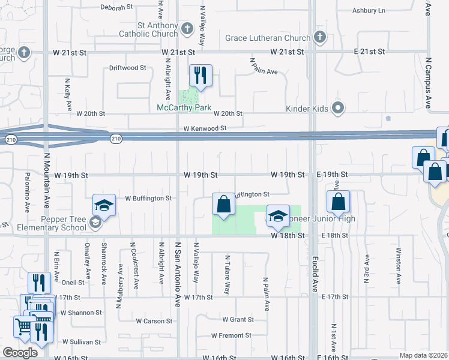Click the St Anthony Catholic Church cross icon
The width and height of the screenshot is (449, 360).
187,28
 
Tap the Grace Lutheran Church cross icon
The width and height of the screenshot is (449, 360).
320,38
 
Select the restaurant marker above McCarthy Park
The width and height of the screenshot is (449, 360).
200,76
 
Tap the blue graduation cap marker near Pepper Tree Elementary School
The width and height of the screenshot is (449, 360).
104,206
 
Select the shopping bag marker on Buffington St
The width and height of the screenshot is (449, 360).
223,205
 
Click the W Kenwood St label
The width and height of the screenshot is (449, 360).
205,128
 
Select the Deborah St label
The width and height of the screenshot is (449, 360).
116,8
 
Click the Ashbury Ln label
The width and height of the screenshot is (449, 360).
369,11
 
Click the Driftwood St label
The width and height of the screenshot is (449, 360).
127,68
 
